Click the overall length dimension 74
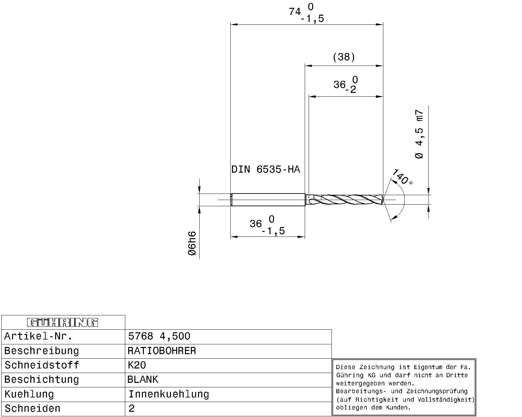tap(295, 12)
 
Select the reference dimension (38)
tap(344, 57)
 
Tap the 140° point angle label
tap(402, 177)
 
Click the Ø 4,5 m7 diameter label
tap(420, 134)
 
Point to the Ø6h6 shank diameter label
tap(192, 243)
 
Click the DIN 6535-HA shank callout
tap(266, 169)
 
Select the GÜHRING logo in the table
tap(62, 323)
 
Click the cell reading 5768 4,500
tap(159, 336)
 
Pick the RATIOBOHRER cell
tap(162, 351)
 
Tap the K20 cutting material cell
tap(137, 365)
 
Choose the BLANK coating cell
tap(143, 380)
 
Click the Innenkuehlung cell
tap(169, 394)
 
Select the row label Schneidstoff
tap(42, 365)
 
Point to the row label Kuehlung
tap(29, 394)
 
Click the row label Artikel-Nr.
tap(38, 336)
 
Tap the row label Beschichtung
tap(42, 380)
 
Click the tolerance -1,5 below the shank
tap(273, 231)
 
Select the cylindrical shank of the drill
tap(268, 199)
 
